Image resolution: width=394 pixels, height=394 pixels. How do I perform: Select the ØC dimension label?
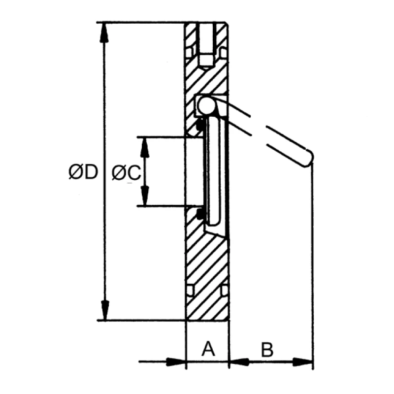pos(127,172)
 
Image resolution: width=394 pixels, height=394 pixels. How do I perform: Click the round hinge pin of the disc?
pos(206,104)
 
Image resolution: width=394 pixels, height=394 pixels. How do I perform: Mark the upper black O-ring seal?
pos(200,126)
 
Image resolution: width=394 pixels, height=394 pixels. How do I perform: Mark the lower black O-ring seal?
pos(200,214)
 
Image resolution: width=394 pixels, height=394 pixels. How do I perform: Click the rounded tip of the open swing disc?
pos(309,158)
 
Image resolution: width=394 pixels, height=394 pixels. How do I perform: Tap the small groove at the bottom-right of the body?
pos(224,291)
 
